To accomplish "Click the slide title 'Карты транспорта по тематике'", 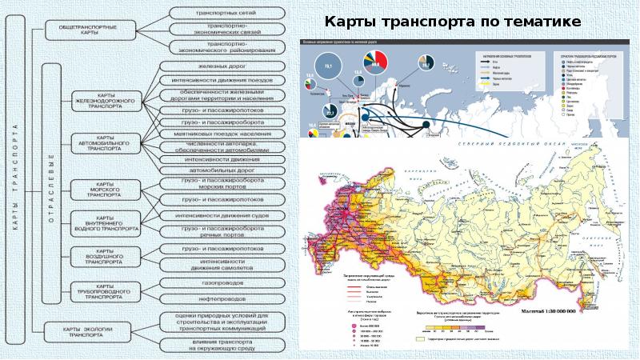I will point(452,21).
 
